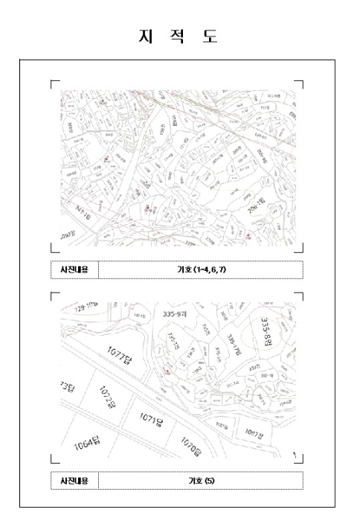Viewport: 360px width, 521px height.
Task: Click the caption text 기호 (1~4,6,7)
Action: (x=201, y=269)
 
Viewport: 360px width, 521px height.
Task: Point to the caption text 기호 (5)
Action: (x=201, y=481)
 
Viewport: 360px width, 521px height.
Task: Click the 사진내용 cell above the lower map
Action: (x=74, y=269)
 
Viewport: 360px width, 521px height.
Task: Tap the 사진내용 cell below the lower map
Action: (x=74, y=481)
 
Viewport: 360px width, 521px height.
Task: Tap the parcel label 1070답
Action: (x=190, y=447)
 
